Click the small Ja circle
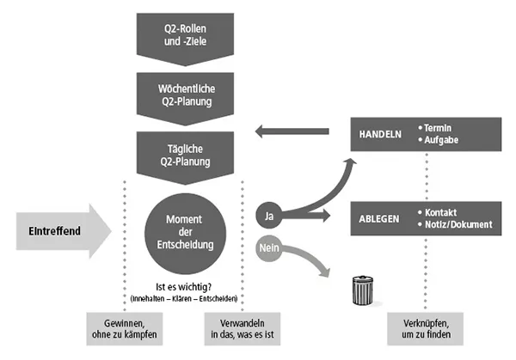(268, 213)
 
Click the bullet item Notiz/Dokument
(458, 224)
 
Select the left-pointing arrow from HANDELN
(292, 131)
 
